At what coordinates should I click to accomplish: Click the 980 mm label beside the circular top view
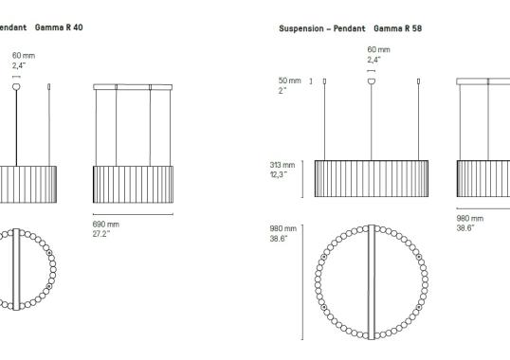(x=282, y=229)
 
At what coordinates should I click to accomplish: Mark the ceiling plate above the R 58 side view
(x=483, y=82)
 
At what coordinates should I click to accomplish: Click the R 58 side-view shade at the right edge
(x=483, y=178)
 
